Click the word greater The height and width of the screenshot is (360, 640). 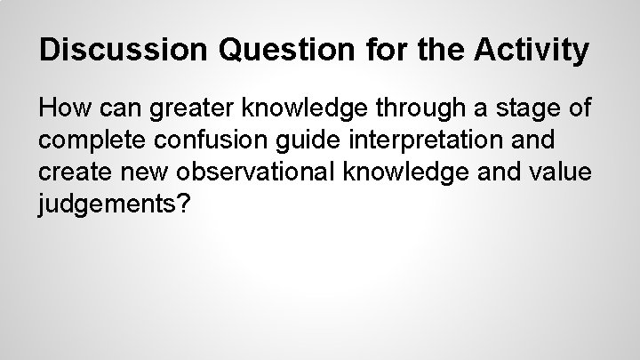pos(184,111)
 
